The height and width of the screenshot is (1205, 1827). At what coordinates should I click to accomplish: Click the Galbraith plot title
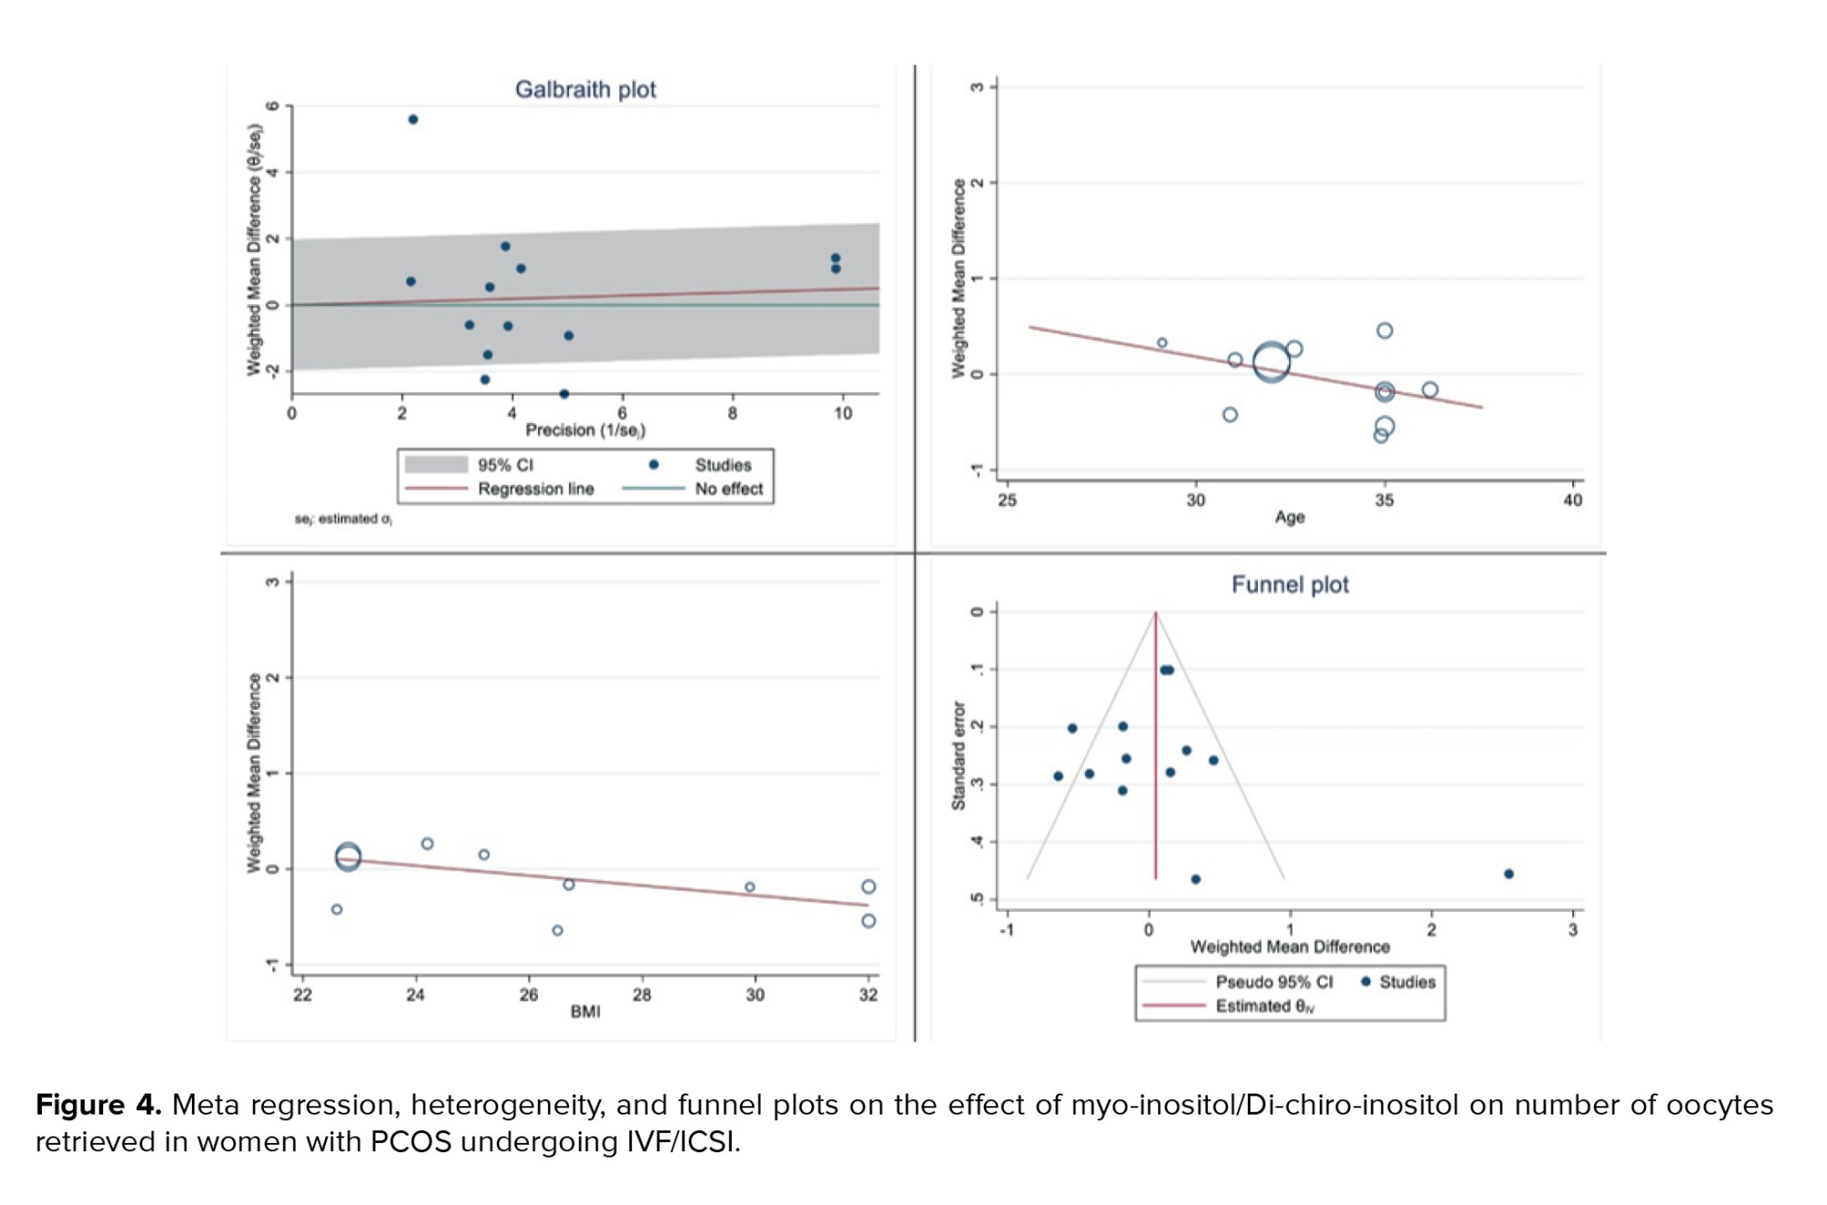point(585,90)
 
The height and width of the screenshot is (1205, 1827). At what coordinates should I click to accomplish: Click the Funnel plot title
point(1289,585)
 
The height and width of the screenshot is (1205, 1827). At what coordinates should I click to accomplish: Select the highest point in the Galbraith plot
point(413,120)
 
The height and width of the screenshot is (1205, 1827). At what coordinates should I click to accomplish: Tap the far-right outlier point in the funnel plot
point(1508,874)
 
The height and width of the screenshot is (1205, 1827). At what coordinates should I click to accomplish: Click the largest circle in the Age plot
point(1271,363)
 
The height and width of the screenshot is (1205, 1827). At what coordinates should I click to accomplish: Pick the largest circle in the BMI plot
point(348,857)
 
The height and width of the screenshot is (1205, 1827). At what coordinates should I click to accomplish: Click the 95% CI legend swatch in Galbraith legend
point(436,465)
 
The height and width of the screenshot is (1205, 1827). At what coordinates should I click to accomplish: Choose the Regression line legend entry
point(535,489)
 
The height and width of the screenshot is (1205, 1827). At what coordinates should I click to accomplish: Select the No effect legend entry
point(728,489)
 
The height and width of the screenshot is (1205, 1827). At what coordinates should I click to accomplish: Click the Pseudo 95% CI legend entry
point(1273,982)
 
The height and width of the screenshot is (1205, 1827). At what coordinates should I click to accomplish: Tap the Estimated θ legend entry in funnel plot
point(1264,1006)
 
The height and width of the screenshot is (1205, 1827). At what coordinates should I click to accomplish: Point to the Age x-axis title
point(1289,517)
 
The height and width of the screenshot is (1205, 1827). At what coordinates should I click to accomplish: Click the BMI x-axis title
point(586,1011)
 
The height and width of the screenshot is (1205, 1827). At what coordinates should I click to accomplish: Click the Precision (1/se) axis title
point(585,430)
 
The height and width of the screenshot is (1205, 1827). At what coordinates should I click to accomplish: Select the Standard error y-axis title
point(958,756)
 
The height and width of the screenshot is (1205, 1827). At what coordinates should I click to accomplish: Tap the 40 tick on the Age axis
point(1572,501)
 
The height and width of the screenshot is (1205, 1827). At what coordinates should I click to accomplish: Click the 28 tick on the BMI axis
point(642,995)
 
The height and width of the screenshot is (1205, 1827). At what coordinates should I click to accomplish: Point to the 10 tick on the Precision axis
point(842,414)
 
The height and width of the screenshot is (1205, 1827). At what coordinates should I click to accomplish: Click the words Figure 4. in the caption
point(98,1105)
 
